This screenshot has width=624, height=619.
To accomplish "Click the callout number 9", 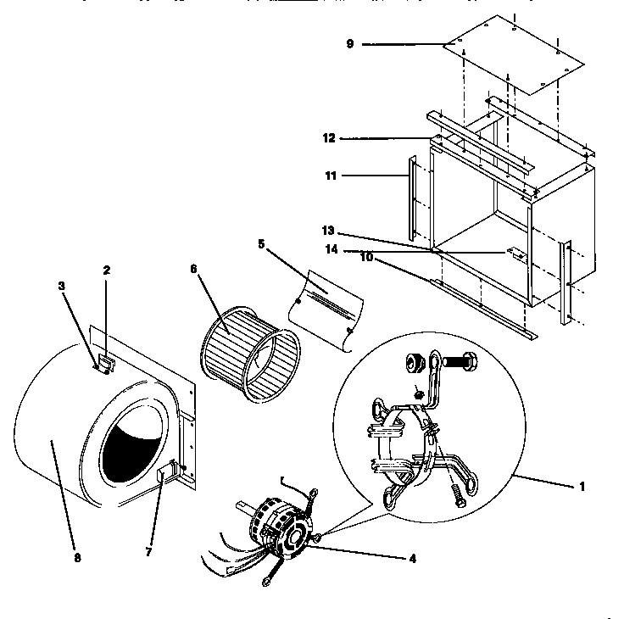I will pos(349,44).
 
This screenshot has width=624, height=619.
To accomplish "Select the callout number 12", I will pos(330,137).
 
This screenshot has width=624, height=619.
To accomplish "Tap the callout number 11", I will pos(330,176).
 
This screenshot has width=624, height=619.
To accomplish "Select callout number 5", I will pos(262,243).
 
